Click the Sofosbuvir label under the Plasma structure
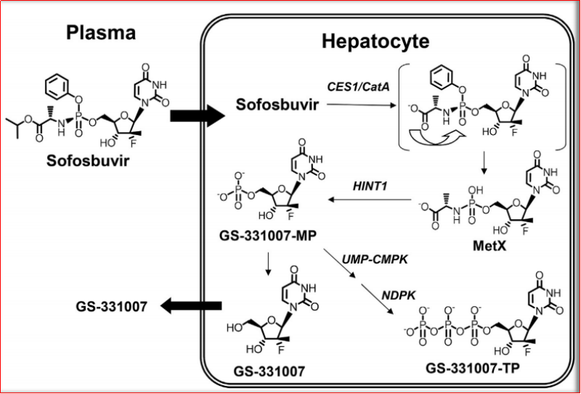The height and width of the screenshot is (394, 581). point(101,160)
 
